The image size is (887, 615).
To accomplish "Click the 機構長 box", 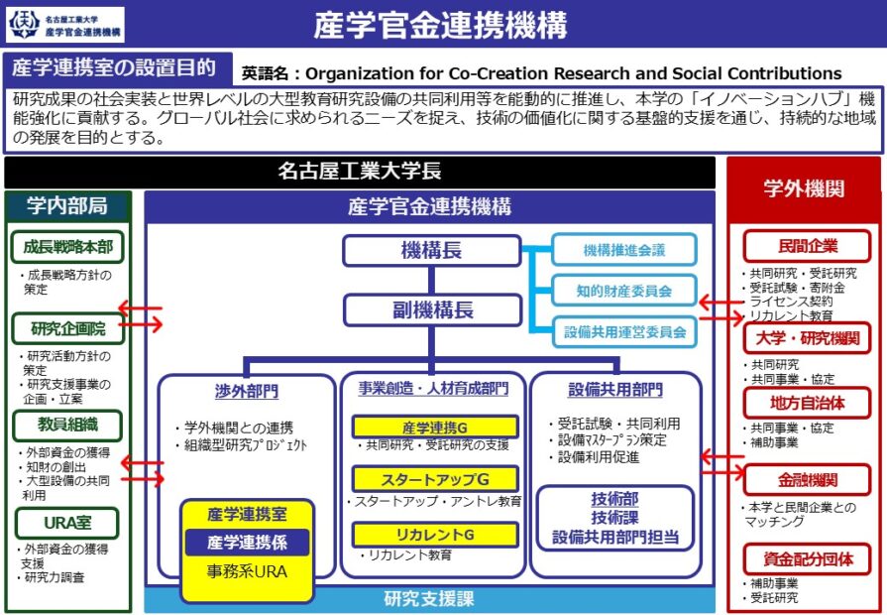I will pos(431,250).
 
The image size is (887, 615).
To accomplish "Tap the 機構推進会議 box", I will pos(623,250).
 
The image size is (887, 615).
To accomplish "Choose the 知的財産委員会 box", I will pos(623,291).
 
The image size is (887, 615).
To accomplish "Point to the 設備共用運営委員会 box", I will pos(623,331).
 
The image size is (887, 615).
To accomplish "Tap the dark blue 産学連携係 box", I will pos(247,543).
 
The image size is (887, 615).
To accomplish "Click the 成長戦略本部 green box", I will pos(67,247).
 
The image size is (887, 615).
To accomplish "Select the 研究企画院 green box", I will pos(67,328).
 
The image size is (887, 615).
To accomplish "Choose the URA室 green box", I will pos(67,523).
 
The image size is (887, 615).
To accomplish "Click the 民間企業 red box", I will pos(807,246).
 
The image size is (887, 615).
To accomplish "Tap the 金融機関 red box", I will pos(807,480).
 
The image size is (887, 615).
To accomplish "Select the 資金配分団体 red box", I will pos(807,558).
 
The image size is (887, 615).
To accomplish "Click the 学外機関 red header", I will pos(804,188).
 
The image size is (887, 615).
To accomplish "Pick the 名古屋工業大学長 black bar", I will pos(360,172).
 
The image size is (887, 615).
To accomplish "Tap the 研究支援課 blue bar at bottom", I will pos(429,599).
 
